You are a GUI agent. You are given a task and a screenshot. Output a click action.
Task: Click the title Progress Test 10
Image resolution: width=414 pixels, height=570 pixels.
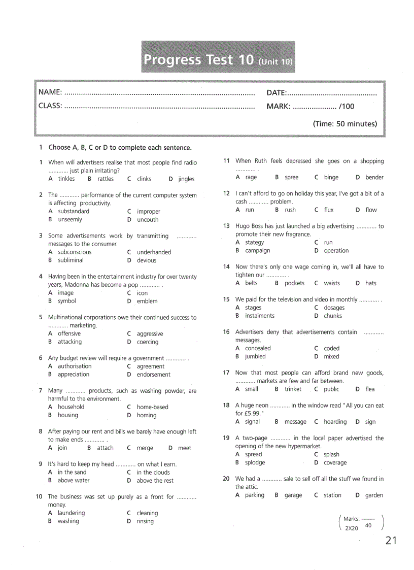[x=198, y=60]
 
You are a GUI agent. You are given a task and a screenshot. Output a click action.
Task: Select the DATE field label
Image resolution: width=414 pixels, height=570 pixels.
[x=277, y=92]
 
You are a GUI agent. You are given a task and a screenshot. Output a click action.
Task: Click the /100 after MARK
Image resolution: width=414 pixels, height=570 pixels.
[x=347, y=106]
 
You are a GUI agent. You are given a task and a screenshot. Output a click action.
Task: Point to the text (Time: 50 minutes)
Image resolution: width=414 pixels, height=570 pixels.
[x=344, y=124]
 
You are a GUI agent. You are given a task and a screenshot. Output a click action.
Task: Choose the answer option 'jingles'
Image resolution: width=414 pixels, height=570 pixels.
[x=186, y=179]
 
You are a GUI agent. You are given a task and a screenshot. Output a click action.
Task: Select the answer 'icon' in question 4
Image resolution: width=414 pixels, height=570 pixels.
[x=142, y=293]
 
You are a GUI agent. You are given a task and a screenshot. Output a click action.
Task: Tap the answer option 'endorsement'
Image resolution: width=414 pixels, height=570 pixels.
[x=153, y=375]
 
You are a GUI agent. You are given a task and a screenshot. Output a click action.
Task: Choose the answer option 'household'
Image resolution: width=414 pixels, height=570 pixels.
[x=71, y=407]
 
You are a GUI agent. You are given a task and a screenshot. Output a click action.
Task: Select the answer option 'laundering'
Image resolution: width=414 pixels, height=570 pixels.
[x=71, y=513]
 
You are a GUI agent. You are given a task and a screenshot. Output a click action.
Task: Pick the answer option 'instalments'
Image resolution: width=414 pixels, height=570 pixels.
[x=259, y=316]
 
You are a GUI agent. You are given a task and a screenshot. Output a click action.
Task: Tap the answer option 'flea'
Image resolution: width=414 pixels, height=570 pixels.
[x=370, y=389]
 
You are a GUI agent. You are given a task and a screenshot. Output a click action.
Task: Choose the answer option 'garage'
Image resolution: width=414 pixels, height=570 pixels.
[x=293, y=495]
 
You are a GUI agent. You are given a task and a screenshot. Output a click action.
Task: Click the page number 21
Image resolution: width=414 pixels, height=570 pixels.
[x=391, y=541]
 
